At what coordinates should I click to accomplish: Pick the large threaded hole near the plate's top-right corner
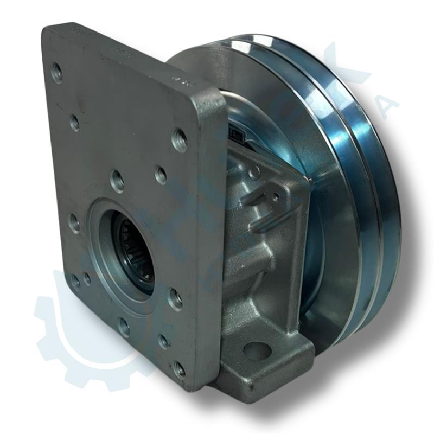coord(180,139)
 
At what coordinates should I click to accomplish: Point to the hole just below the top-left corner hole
coord(75,124)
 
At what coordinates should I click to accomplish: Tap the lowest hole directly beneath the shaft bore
coord(124,327)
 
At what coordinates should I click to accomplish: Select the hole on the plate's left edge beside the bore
coord(74,223)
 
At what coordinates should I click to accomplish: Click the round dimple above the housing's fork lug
coord(253,173)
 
